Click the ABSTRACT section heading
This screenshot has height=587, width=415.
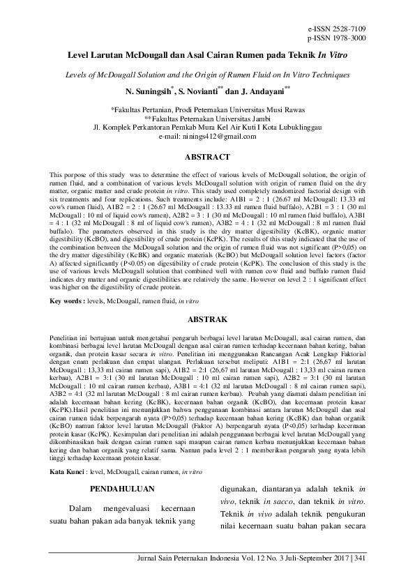[207, 158]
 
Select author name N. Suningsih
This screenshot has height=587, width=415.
[152, 91]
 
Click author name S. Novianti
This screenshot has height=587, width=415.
[201, 91]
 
